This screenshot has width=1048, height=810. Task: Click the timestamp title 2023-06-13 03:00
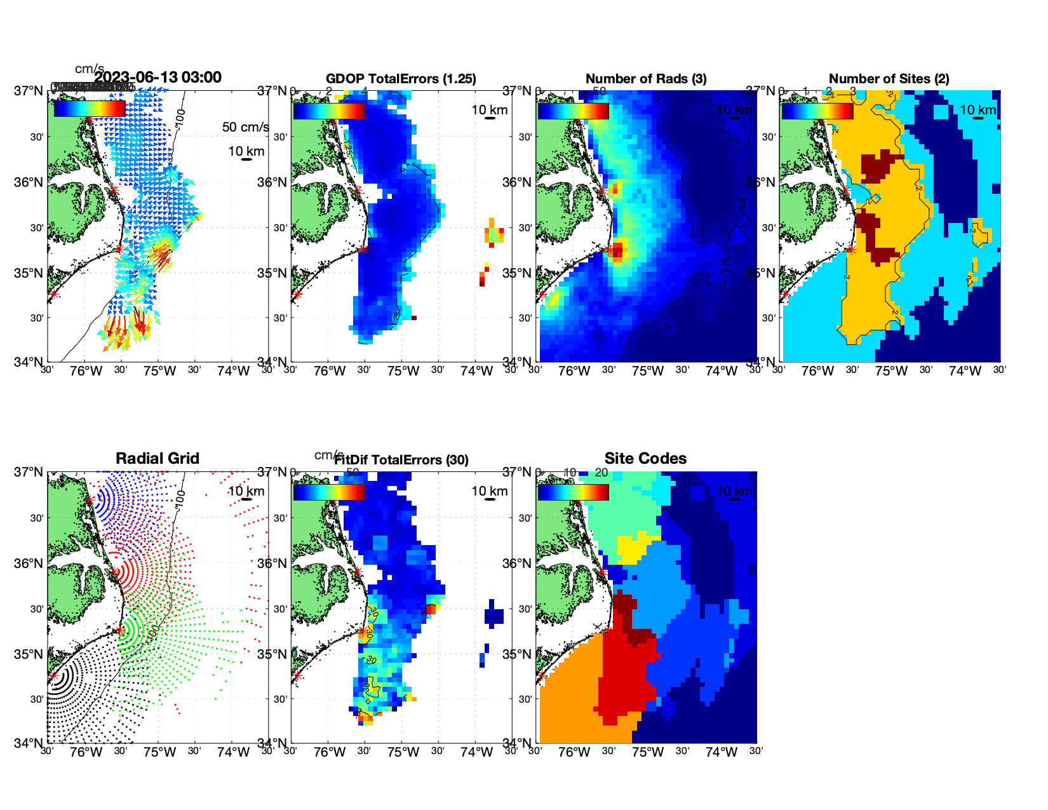point(158,78)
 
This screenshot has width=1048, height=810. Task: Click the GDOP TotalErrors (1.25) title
point(401,79)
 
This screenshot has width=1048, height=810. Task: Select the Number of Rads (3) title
point(646,79)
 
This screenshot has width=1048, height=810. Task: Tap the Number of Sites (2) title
point(889,79)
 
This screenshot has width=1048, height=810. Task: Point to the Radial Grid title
point(158,459)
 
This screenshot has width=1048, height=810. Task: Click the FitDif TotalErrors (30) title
point(401,460)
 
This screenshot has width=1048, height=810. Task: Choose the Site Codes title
point(645,459)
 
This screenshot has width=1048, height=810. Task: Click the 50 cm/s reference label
point(245,127)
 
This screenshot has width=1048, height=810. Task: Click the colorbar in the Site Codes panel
point(573,492)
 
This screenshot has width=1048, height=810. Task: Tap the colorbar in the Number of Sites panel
point(817,111)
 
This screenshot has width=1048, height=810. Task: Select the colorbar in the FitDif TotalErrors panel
point(329,492)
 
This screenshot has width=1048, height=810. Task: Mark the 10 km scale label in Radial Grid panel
point(246,491)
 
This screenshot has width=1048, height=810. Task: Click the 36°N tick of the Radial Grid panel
point(30,564)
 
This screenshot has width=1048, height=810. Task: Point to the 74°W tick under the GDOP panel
point(476,371)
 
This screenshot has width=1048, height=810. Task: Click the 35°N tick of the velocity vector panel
point(30,273)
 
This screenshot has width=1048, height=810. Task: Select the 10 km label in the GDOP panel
point(489,110)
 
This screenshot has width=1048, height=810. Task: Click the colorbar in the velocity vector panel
point(90,109)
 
